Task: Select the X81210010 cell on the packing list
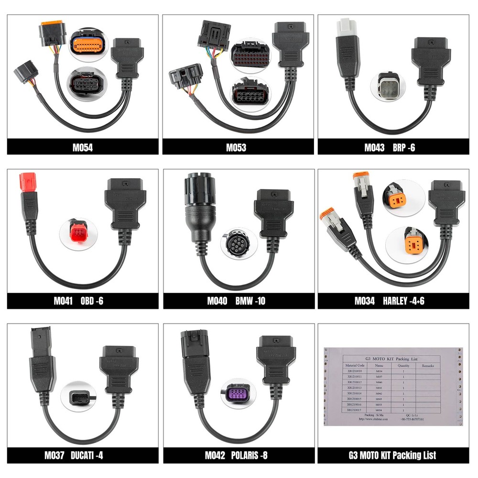coord(355,371)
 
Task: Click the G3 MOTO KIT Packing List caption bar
coord(393,456)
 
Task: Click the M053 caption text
coord(236,148)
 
